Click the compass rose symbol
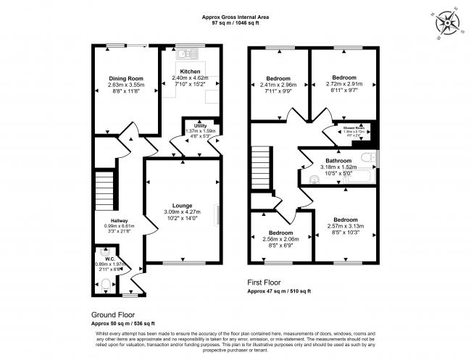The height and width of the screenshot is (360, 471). coord(450,22)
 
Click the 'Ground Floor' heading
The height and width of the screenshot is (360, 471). coord(112,314)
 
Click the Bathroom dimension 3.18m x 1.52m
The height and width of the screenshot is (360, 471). coord(338,167)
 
